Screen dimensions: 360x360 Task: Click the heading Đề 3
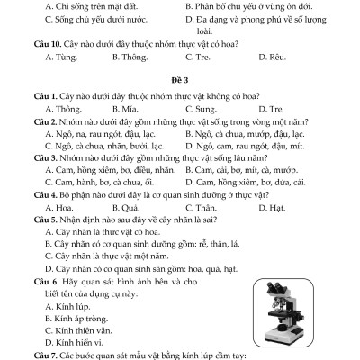tap(179, 79)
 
